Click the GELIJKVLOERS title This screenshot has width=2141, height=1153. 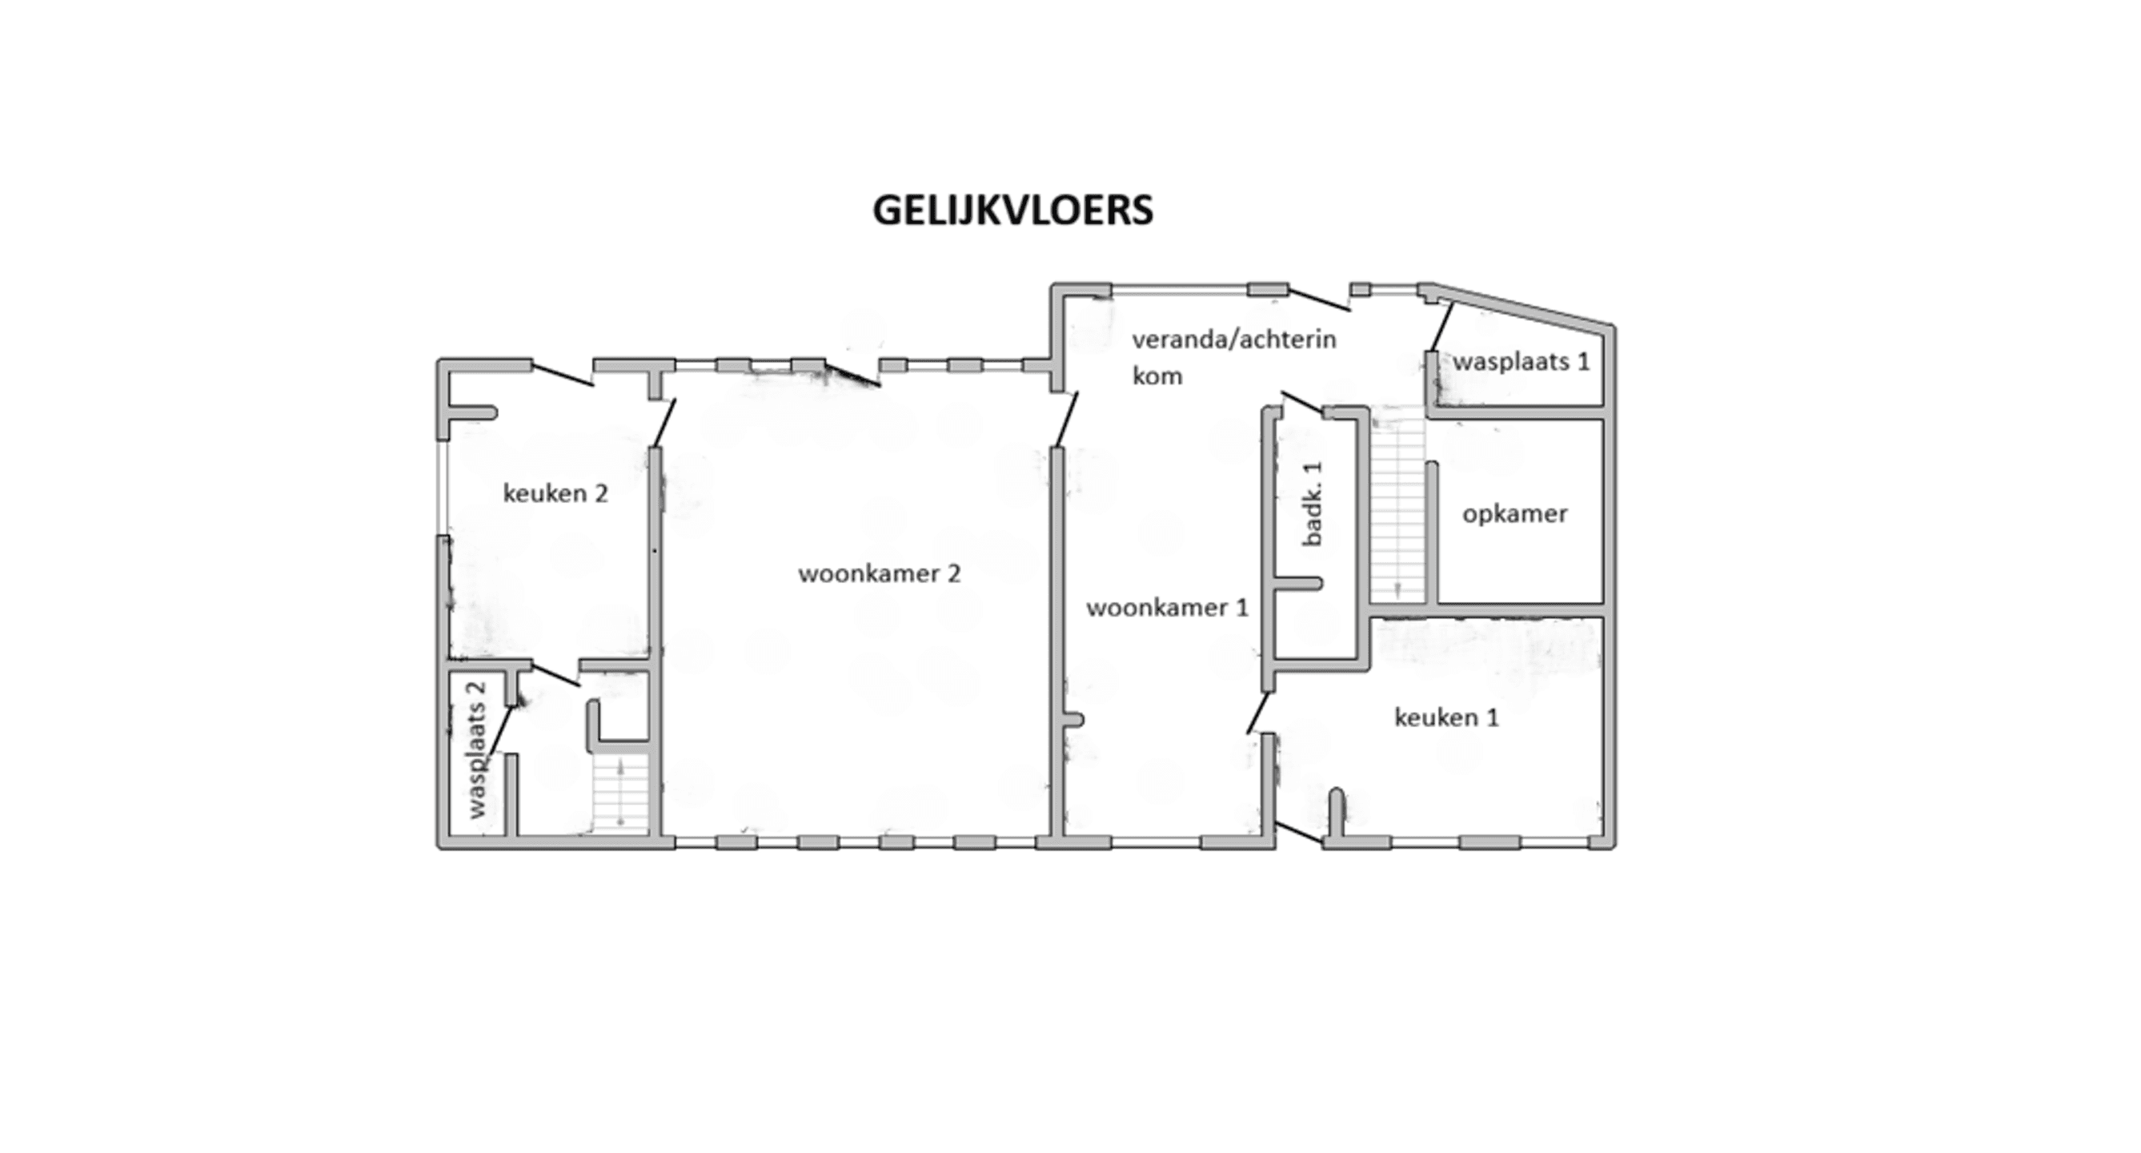click(x=1012, y=211)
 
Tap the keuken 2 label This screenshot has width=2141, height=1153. click(x=555, y=494)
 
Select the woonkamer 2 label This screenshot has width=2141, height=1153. click(x=880, y=573)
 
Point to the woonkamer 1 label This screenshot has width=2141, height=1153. click(x=1167, y=608)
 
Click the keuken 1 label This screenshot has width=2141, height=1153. click(x=1446, y=717)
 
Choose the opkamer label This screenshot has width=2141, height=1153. click(x=1514, y=514)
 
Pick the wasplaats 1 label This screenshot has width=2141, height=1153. click(x=1521, y=362)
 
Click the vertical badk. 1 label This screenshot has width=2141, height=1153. click(x=1313, y=503)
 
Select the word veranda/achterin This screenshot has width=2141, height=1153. click(x=1234, y=339)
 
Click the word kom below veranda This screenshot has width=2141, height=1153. click(x=1157, y=376)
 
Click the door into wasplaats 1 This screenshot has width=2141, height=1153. click(x=1442, y=327)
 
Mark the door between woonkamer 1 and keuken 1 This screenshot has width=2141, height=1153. click(x=1258, y=713)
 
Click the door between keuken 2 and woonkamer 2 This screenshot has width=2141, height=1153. click(x=665, y=422)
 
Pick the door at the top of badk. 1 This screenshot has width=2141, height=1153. click(x=1302, y=402)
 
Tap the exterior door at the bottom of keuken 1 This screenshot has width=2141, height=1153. click(x=1298, y=833)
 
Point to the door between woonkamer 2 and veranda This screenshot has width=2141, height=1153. click(x=1065, y=419)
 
